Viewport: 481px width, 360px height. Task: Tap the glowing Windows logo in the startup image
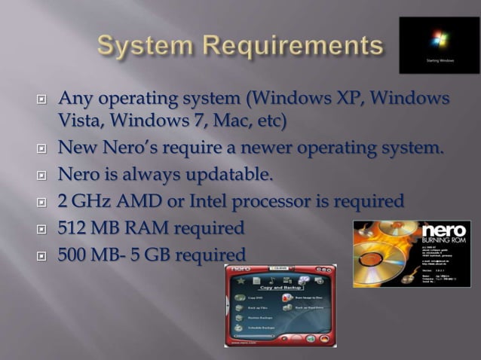tap(438, 39)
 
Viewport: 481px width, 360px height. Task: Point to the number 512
tap(73, 227)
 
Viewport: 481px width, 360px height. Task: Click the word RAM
tap(145, 227)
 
